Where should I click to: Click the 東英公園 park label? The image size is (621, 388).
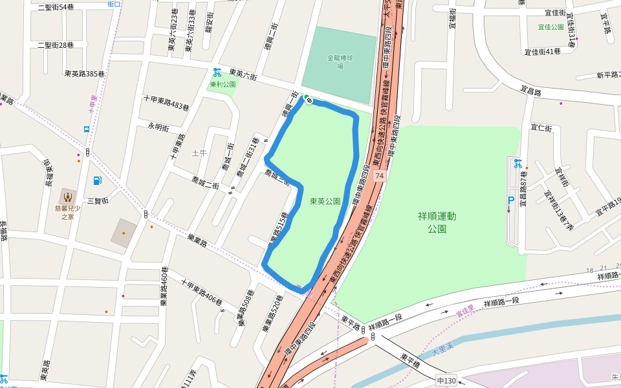[325, 201]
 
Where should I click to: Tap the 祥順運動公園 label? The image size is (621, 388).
[437, 222]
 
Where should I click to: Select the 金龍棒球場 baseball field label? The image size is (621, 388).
[340, 61]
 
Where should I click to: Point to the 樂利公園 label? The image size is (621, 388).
[223, 84]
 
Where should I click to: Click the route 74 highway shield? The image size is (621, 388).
[379, 176]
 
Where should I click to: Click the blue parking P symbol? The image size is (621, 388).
[510, 201]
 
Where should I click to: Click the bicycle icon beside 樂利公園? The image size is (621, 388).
[218, 72]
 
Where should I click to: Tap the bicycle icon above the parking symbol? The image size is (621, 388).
[518, 164]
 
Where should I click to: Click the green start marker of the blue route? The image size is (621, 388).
[308, 100]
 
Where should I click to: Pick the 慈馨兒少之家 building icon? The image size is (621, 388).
[67, 196]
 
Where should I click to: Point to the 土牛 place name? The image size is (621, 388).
[199, 153]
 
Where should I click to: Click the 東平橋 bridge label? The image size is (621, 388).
[410, 360]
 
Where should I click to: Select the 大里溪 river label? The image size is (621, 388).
[444, 350]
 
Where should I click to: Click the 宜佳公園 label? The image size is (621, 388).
[551, 27]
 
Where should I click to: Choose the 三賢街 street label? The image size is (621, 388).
[96, 200]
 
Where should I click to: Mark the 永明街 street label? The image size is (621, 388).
[158, 126]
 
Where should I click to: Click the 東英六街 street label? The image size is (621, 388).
[243, 76]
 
